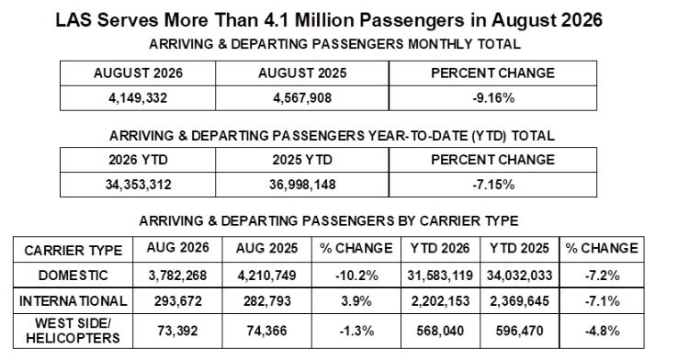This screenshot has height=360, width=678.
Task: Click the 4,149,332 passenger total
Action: (x=138, y=98)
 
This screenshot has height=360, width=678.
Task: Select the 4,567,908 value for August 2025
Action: (x=302, y=98)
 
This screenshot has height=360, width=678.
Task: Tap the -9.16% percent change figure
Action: (x=493, y=98)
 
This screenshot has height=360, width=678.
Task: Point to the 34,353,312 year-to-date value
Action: (x=138, y=185)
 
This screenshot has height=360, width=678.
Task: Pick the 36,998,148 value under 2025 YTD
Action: (x=302, y=185)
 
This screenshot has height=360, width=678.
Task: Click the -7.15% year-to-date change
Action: (x=493, y=185)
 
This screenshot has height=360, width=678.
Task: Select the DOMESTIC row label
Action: (x=73, y=276)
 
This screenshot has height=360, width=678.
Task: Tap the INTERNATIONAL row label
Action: (x=73, y=301)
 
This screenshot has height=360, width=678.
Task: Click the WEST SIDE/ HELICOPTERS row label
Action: (x=73, y=331)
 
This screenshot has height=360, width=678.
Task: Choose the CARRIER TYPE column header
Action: (x=73, y=250)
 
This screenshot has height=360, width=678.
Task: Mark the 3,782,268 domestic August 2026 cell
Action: (x=177, y=276)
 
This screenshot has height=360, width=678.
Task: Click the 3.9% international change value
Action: (x=356, y=301)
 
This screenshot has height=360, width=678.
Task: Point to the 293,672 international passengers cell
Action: (x=177, y=301)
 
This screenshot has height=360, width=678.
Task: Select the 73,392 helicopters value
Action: (x=177, y=331)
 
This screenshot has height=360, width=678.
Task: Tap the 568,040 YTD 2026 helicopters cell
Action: (x=440, y=331)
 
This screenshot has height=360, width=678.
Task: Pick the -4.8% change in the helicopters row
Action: (x=603, y=331)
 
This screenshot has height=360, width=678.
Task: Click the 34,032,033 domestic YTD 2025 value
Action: (x=519, y=276)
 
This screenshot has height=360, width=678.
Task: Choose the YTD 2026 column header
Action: (x=440, y=248)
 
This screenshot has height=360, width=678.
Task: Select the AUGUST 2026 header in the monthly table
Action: (x=138, y=73)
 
